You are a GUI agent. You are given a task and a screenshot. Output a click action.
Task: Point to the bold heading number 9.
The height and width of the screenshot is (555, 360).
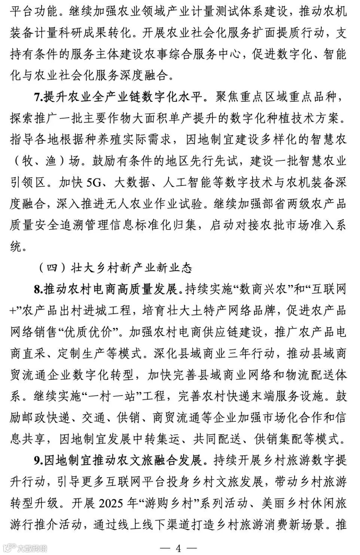pyautogui.click(x=39, y=460)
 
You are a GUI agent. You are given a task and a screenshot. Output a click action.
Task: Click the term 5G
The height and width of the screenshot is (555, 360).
pyautogui.click(x=94, y=183)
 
